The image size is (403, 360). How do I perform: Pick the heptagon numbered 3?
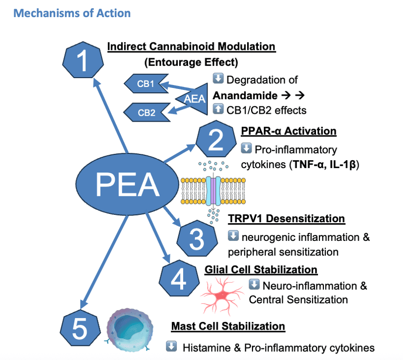tap(197, 238)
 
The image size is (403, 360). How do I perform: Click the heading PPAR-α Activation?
tap(288, 131)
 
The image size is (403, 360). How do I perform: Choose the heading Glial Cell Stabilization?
tap(261, 270)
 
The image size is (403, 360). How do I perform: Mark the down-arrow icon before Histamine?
tap(171, 347)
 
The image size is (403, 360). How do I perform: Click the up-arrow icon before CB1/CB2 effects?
tap(218, 109)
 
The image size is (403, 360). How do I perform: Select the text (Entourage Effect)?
tap(191, 62)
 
